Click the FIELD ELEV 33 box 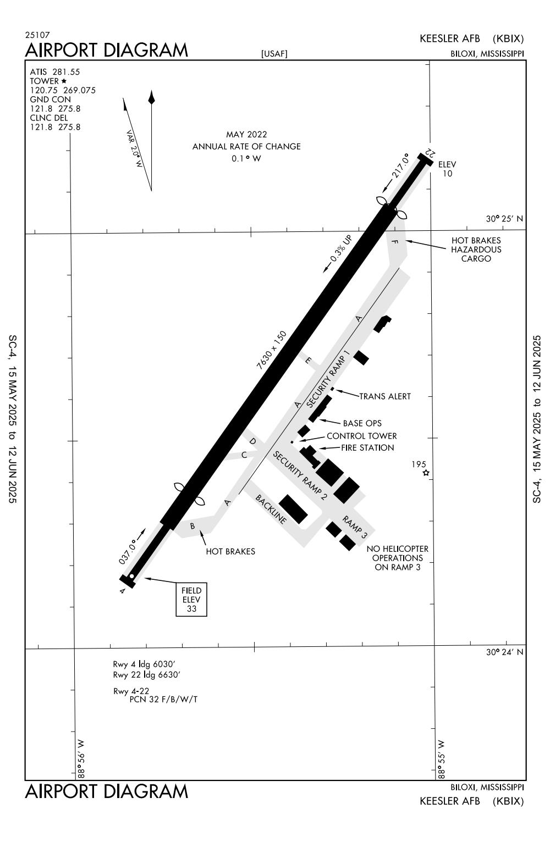[x=191, y=600]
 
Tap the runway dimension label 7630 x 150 [x=271, y=350]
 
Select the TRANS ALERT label [x=385, y=396]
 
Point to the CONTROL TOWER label [x=361, y=436]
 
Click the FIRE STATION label [x=367, y=448]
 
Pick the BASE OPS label [x=362, y=423]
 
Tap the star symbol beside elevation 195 [x=426, y=473]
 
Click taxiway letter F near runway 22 [x=395, y=242]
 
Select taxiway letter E [x=308, y=361]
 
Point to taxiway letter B [x=193, y=527]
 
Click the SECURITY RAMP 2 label [x=300, y=475]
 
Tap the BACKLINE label [x=271, y=509]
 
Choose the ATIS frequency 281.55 [x=66, y=72]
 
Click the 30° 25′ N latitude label [x=504, y=219]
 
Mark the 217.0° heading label [x=400, y=165]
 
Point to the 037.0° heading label [x=128, y=552]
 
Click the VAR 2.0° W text [x=134, y=148]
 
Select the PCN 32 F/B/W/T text [x=163, y=700]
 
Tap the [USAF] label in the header [x=274, y=54]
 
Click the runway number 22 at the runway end [x=430, y=153]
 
